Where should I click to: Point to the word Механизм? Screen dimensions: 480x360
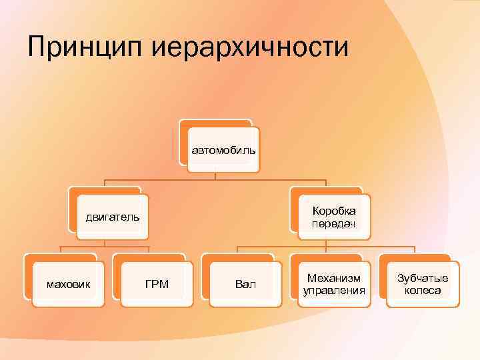pos(333,278)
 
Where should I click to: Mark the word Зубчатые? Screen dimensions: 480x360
pos(423,278)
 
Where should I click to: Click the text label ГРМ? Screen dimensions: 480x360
pos(157,285)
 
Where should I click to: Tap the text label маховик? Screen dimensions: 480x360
pos(68,285)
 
